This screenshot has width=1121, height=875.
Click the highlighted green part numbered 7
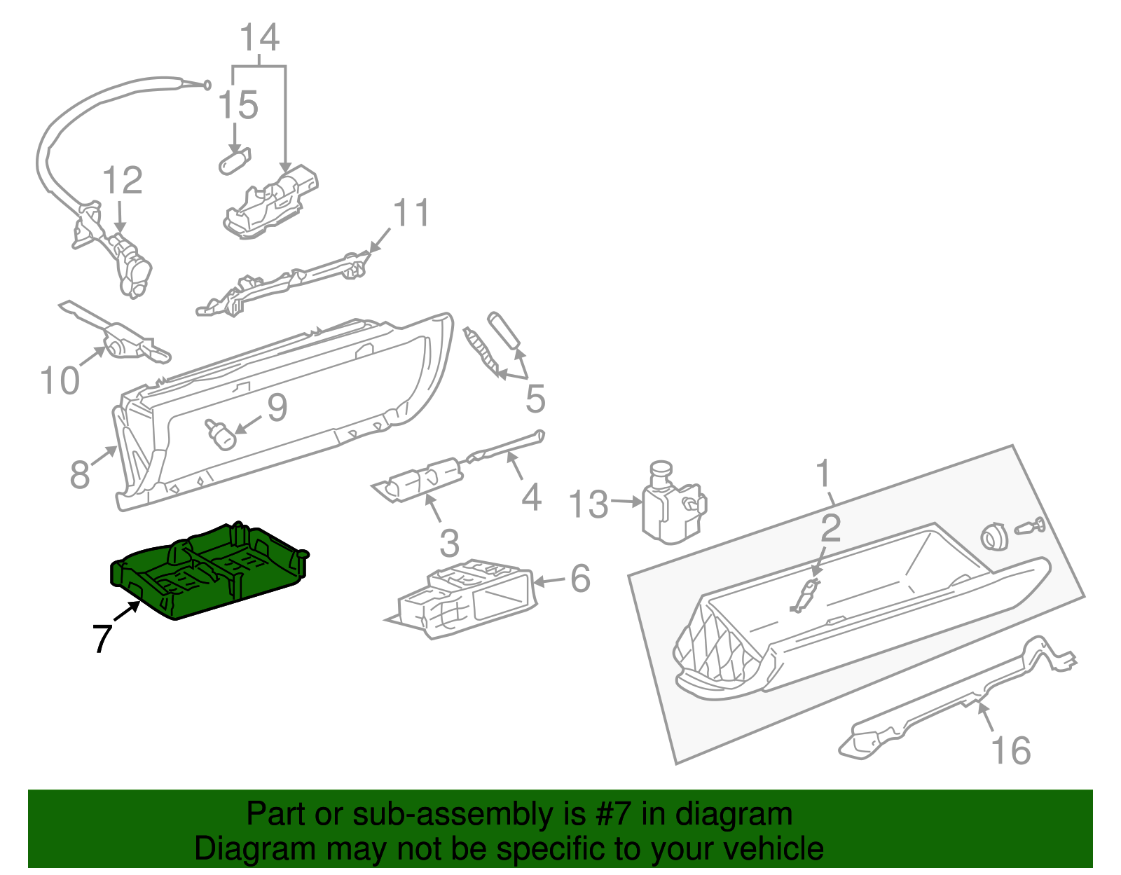210,571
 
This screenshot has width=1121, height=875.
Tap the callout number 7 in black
102,638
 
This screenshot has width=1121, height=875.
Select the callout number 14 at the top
260,38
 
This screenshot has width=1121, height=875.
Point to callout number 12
123,181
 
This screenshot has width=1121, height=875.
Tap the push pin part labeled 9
221,434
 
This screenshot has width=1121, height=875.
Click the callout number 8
80,474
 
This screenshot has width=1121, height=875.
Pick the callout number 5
535,399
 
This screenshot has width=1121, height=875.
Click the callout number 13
589,504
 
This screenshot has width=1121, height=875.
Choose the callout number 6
580,579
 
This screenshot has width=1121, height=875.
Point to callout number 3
449,543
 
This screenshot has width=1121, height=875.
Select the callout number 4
532,497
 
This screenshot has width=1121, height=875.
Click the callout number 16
1011,751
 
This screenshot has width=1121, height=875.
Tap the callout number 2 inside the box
830,528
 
